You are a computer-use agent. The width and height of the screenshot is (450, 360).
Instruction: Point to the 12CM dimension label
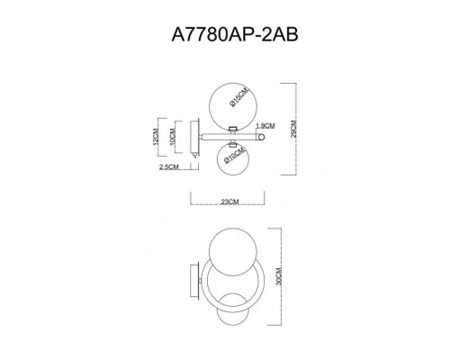point(155,137)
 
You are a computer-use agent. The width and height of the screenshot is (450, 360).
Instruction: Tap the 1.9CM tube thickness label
point(265,126)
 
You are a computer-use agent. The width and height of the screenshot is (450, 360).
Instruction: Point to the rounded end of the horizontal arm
point(263,137)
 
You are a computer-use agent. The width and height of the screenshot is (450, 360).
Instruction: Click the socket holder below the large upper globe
point(232,128)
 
